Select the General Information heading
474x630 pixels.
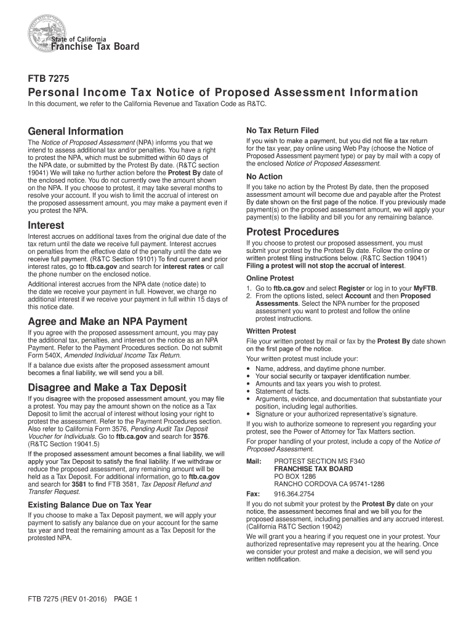click(76, 132)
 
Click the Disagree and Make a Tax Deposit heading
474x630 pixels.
click(107, 388)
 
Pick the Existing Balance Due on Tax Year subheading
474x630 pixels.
click(89, 505)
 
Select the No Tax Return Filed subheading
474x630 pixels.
click(282, 131)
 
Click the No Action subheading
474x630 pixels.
click(264, 177)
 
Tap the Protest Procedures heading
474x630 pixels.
click(292, 232)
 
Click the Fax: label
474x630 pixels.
click(252, 494)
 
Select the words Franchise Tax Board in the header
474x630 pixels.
click(95, 47)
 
